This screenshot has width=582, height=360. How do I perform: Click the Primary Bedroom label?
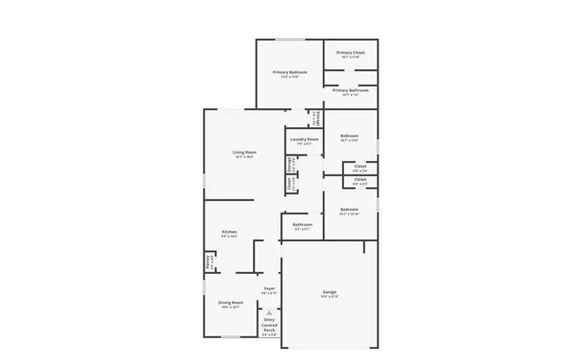click(x=290, y=72)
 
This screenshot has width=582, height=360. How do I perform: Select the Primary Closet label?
click(x=351, y=53)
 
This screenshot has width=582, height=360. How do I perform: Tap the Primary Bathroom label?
click(x=351, y=91)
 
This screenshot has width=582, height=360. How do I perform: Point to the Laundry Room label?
click(x=305, y=139)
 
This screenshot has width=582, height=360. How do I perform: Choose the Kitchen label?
click(x=229, y=232)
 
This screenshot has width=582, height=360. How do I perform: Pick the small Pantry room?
click(x=209, y=262)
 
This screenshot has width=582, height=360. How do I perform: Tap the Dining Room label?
click(x=231, y=303)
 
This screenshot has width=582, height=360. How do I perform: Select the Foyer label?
click(x=269, y=288)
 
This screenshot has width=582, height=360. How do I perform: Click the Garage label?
click(x=329, y=292)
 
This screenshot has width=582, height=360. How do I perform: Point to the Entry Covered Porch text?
click(x=269, y=325)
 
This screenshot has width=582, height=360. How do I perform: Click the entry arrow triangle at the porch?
click(x=269, y=312)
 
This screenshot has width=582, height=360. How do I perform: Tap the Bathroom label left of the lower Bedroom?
click(x=302, y=225)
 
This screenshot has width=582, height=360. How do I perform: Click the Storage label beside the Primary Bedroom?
click(x=316, y=120)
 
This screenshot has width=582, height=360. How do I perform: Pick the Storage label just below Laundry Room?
click(x=290, y=165)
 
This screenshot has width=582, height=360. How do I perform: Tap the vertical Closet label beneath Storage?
click(x=290, y=184)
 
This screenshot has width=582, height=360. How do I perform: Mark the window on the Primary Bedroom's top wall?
click(x=290, y=39)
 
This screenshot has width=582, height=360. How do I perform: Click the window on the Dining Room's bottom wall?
click(x=231, y=337)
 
